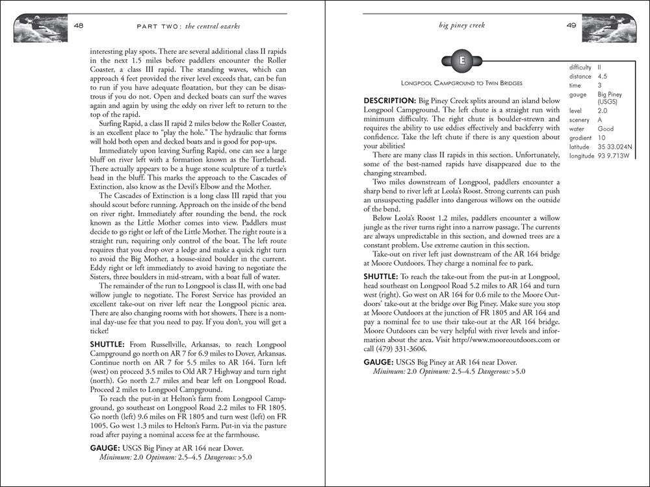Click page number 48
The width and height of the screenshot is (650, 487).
pyautogui.click(x=78, y=26)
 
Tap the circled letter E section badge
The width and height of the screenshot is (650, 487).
pyautogui.click(x=462, y=62)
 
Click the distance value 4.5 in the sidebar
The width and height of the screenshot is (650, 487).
pyautogui.click(x=603, y=75)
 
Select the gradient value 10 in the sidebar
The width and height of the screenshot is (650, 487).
pyautogui.click(x=601, y=138)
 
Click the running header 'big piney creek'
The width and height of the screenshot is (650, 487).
pyautogui.click(x=462, y=26)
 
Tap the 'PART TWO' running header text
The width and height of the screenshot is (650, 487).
pyautogui.click(x=151, y=26)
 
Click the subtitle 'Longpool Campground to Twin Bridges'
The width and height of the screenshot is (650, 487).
pyautogui.click(x=462, y=84)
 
